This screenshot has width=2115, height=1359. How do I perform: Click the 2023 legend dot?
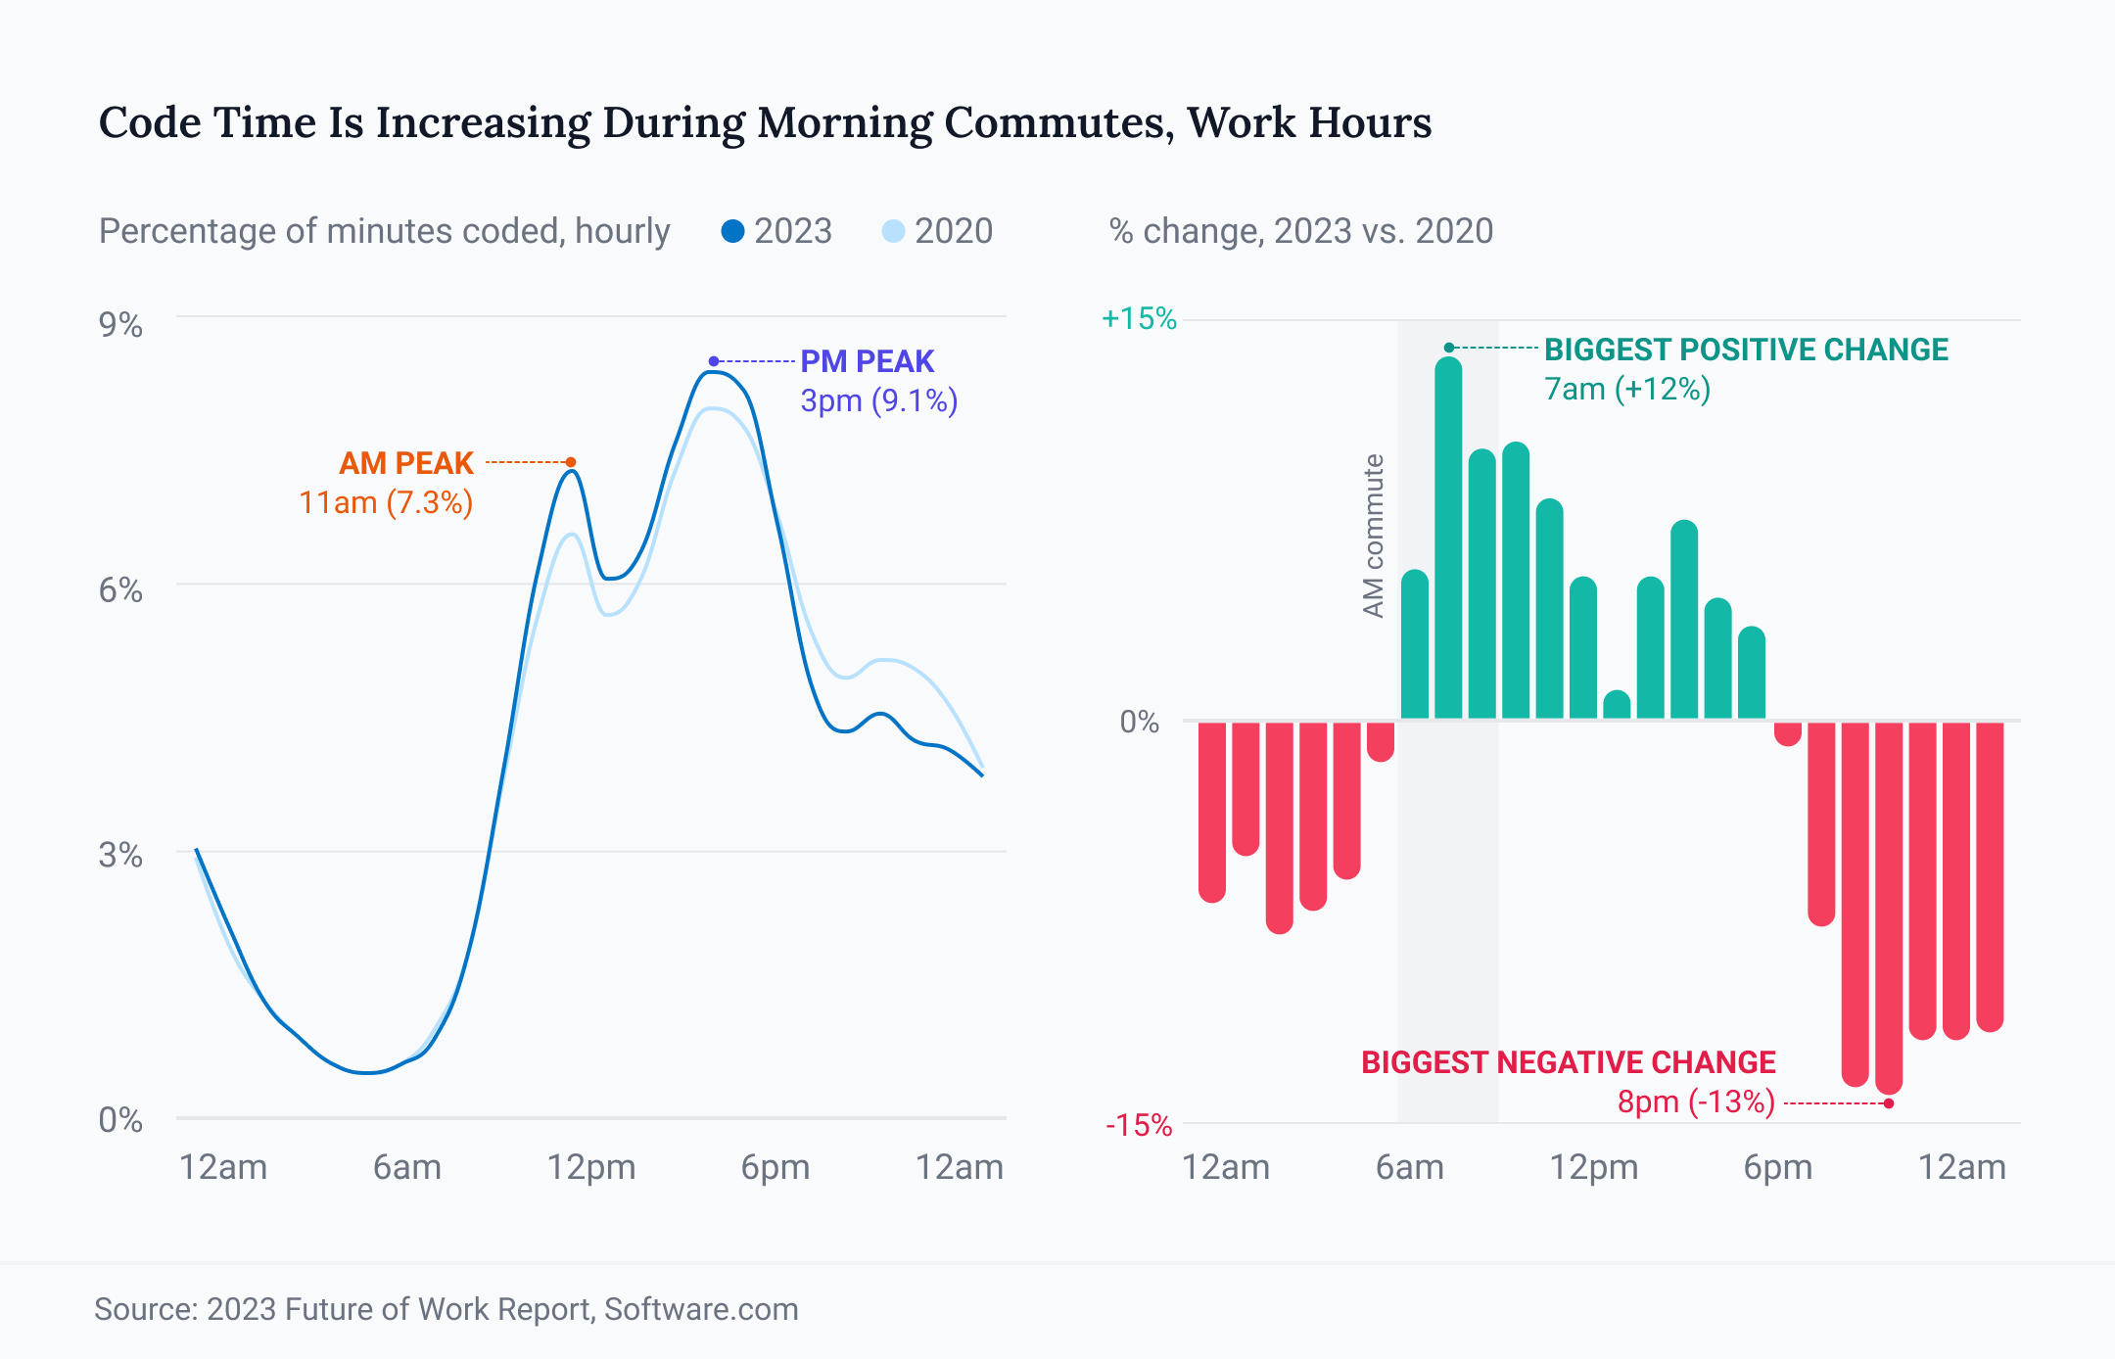pyautogui.click(x=732, y=231)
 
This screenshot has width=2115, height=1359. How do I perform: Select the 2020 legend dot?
pyautogui.click(x=893, y=231)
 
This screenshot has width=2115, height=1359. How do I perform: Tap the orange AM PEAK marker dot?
pyautogui.click(x=571, y=462)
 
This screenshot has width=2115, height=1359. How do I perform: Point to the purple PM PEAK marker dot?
pyautogui.click(x=714, y=361)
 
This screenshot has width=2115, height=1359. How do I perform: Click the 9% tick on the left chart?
pyautogui.click(x=120, y=325)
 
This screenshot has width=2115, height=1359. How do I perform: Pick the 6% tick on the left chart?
pyautogui.click(x=120, y=590)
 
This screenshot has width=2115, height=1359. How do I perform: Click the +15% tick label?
pyautogui.click(x=1139, y=318)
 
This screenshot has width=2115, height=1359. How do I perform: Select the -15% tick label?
pyautogui.click(x=1139, y=1125)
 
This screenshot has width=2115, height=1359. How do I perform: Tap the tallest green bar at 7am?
pyautogui.click(x=1449, y=539)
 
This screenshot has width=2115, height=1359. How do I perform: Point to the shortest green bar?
pyautogui.click(x=1618, y=705)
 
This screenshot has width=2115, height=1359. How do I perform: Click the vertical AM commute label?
pyautogui.click(x=1374, y=536)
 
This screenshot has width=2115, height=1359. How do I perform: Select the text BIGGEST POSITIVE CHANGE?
pyautogui.click(x=1746, y=350)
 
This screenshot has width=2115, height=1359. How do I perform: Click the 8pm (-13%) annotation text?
pyautogui.click(x=1696, y=1101)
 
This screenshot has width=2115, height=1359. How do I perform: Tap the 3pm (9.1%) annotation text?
pyautogui.click(x=878, y=400)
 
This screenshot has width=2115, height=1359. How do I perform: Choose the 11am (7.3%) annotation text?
pyautogui.click(x=386, y=502)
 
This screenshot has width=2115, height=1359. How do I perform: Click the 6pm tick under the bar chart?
pyautogui.click(x=1777, y=1167)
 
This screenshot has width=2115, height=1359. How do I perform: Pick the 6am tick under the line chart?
pyautogui.click(x=406, y=1167)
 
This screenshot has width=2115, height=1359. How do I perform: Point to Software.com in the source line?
pyautogui.click(x=701, y=1309)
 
